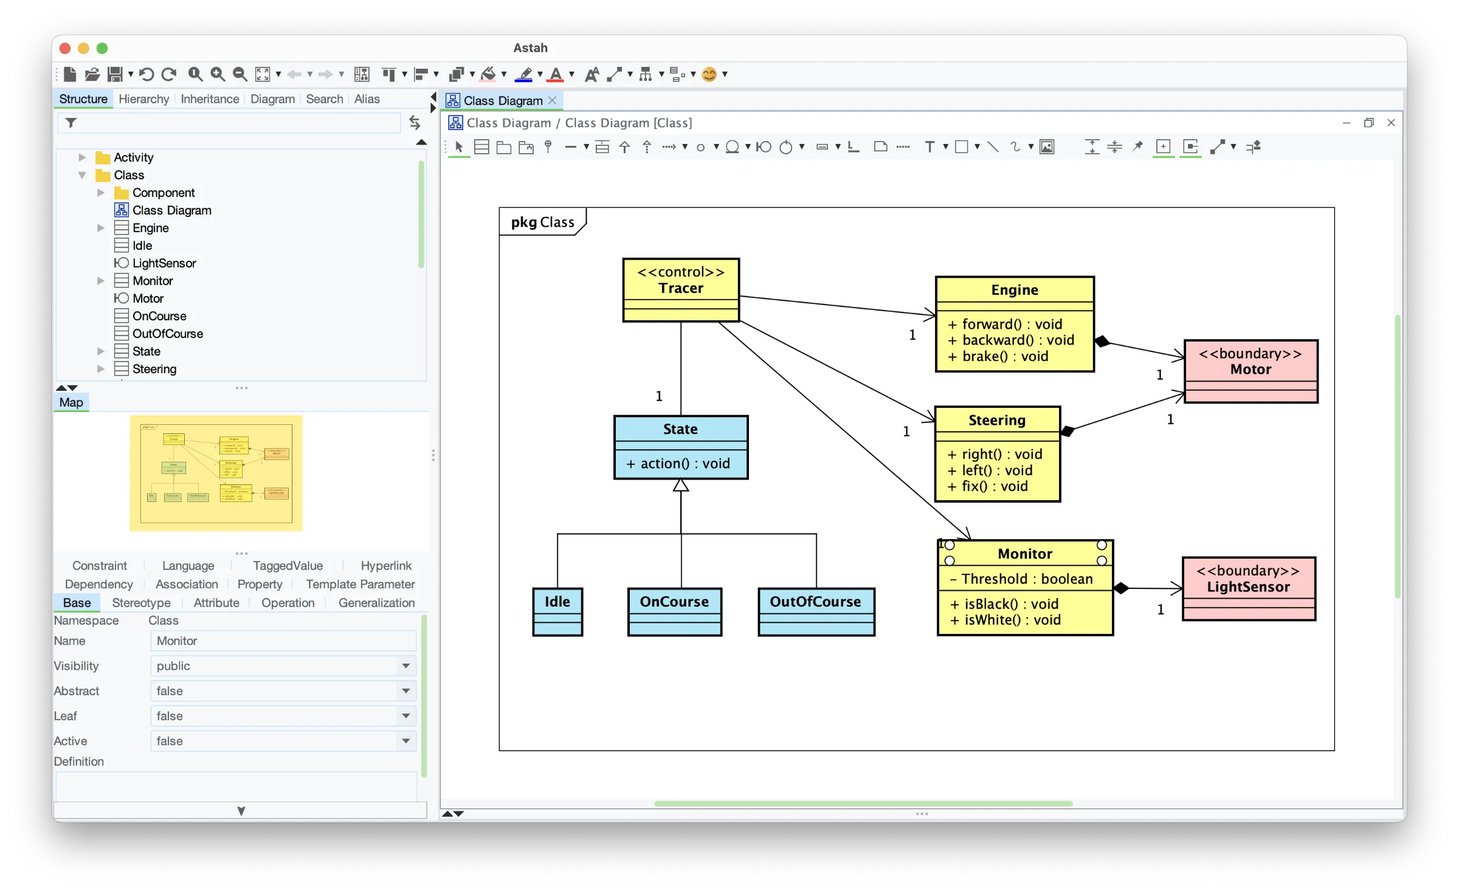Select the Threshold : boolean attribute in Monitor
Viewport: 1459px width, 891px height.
point(1026,579)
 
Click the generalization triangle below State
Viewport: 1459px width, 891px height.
point(681,486)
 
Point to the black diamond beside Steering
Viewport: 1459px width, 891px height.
point(1068,432)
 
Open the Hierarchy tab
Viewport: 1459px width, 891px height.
point(143,99)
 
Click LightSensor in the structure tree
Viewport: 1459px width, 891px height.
point(164,263)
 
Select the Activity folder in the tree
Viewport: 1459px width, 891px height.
point(133,157)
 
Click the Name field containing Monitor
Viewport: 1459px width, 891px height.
point(283,641)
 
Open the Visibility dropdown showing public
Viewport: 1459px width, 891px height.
point(283,666)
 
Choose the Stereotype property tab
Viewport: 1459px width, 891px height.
point(141,603)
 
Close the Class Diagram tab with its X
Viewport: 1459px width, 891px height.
point(552,101)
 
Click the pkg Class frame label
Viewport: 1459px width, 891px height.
point(542,222)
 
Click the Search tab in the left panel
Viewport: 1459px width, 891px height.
point(324,99)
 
